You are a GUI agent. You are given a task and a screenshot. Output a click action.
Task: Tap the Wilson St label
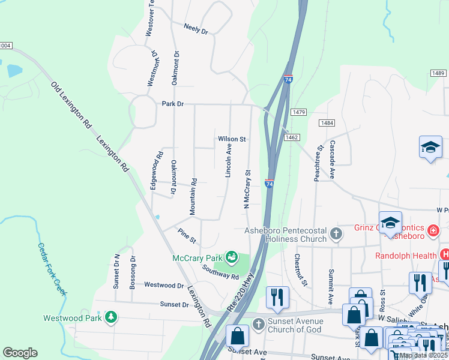[x=232, y=139]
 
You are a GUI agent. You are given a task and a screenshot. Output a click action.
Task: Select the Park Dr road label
[x=172, y=104]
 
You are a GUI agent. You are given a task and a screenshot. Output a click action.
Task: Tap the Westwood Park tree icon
[x=110, y=316]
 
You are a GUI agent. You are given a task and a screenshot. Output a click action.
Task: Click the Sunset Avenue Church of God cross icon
[x=259, y=325]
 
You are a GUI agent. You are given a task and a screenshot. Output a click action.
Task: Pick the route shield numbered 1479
[x=299, y=112]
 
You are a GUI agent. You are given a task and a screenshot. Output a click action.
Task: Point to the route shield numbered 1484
[x=327, y=123]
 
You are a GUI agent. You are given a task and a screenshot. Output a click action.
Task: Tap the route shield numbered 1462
[x=292, y=138]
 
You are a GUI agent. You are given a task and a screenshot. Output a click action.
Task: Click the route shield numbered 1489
[x=437, y=73]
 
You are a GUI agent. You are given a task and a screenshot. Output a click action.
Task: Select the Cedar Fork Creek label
[x=53, y=268]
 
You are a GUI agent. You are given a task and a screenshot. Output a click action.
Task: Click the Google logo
[x=20, y=352]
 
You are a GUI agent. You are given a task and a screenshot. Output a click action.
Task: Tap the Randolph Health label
[x=406, y=255]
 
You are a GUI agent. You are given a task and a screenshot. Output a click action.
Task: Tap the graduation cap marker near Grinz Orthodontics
[x=390, y=223]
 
